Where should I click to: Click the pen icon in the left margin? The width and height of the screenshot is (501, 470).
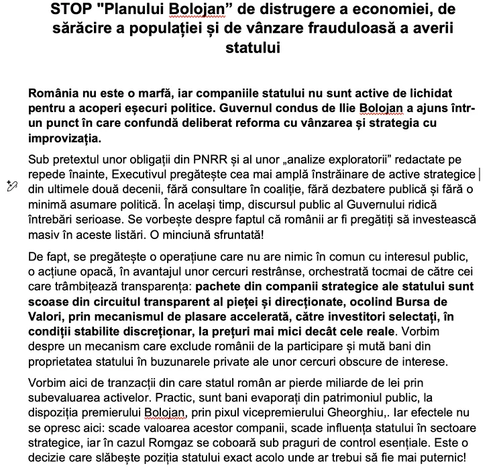pos(11,186)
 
